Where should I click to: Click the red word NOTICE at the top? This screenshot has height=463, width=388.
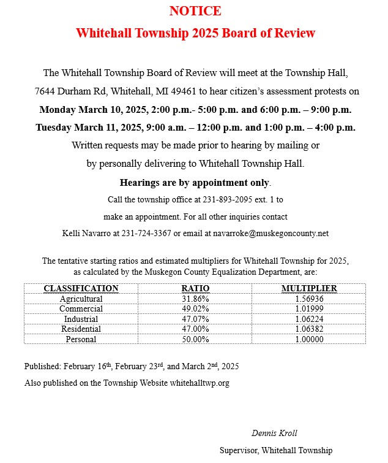(x=195, y=11)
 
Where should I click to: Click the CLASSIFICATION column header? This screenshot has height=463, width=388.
(x=81, y=288)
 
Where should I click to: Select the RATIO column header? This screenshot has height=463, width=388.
(x=195, y=288)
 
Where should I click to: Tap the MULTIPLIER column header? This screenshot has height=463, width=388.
(x=309, y=288)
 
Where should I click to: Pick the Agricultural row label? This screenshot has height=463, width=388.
(x=81, y=299)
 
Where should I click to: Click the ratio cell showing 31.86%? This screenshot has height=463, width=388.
(x=195, y=299)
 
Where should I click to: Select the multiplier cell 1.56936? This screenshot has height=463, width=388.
(x=309, y=299)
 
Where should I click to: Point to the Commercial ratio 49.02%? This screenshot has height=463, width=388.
(x=195, y=308)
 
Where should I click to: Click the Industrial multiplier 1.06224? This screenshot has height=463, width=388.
(x=309, y=319)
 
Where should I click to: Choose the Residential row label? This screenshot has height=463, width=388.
(x=81, y=329)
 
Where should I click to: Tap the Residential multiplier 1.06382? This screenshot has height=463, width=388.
(x=309, y=329)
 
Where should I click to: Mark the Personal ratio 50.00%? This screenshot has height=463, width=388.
(x=195, y=339)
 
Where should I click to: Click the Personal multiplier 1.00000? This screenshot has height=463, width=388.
(x=309, y=339)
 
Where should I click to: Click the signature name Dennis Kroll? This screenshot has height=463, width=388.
(x=275, y=433)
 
